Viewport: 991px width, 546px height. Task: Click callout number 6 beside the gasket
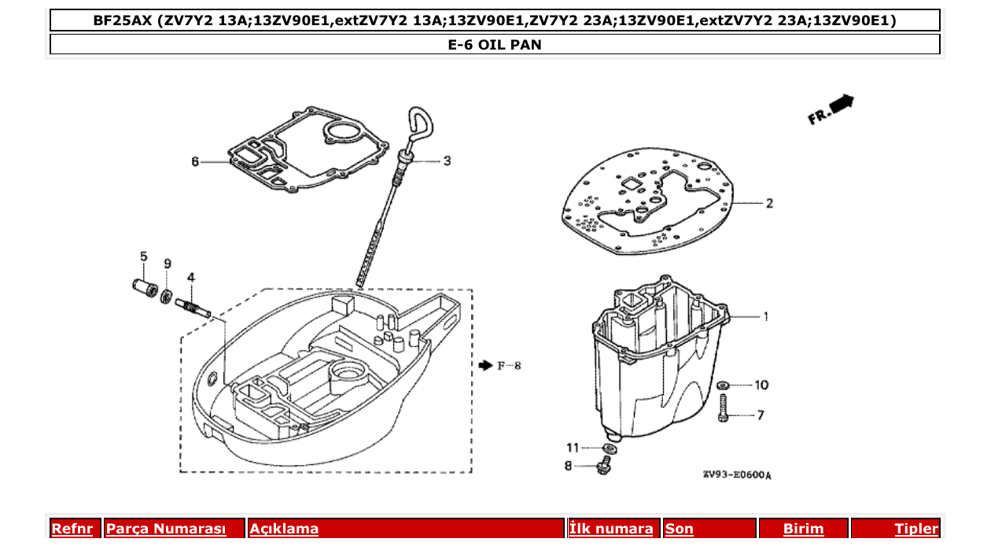tap(195, 162)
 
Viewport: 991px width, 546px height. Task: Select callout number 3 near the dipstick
tap(447, 161)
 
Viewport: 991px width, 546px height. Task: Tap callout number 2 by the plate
tap(769, 203)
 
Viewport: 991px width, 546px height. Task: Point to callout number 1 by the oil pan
tap(765, 317)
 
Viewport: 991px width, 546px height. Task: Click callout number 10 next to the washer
tap(761, 386)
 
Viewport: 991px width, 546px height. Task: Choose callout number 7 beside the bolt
tap(761, 415)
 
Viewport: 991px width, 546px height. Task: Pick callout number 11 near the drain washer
tap(573, 448)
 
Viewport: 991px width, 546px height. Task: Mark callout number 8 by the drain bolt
tap(568, 466)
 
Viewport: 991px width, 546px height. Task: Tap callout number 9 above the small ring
tap(168, 263)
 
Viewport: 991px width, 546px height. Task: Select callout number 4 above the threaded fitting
tap(191, 277)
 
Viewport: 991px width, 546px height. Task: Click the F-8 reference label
tap(508, 366)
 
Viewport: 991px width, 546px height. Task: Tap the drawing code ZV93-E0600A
tap(737, 475)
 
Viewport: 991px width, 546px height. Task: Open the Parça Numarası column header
tap(166, 529)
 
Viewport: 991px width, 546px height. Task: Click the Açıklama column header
tap(284, 529)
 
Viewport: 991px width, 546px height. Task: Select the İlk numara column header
tap(611, 529)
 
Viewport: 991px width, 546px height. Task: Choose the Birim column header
tap(803, 529)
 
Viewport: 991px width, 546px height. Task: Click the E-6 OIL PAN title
tap(495, 45)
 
